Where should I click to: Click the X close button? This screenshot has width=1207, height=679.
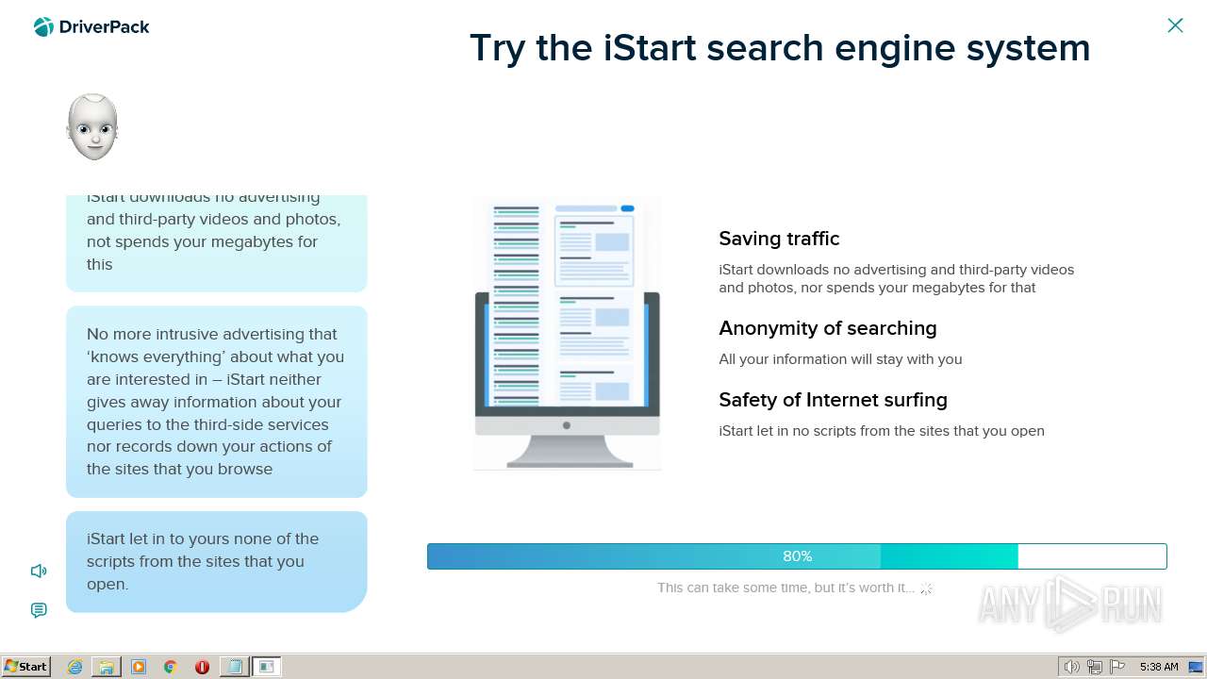click(1175, 25)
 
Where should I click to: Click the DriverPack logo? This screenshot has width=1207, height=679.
click(91, 27)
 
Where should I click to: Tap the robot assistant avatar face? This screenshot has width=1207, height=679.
click(92, 127)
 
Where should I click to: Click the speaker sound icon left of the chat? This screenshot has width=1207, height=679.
click(39, 571)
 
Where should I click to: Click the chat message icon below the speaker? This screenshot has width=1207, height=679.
click(39, 610)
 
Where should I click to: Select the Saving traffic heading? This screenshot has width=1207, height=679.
click(779, 239)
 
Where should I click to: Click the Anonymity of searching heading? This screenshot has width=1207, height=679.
click(827, 328)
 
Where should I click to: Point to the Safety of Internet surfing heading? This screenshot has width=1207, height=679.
click(833, 400)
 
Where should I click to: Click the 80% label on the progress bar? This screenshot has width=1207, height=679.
click(797, 556)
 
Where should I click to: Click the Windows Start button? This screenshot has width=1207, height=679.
click(26, 667)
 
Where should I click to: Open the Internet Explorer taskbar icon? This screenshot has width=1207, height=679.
click(74, 667)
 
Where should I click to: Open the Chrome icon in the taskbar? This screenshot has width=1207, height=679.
click(171, 667)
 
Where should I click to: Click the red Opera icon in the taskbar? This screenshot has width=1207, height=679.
click(202, 667)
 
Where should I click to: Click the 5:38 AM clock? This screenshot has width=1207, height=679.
click(1159, 667)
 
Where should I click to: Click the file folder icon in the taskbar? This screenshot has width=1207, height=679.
click(107, 667)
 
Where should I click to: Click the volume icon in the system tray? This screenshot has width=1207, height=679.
click(1071, 667)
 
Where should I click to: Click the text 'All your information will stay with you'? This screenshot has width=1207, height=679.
click(840, 359)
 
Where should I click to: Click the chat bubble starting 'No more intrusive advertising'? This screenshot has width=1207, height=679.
click(216, 402)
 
